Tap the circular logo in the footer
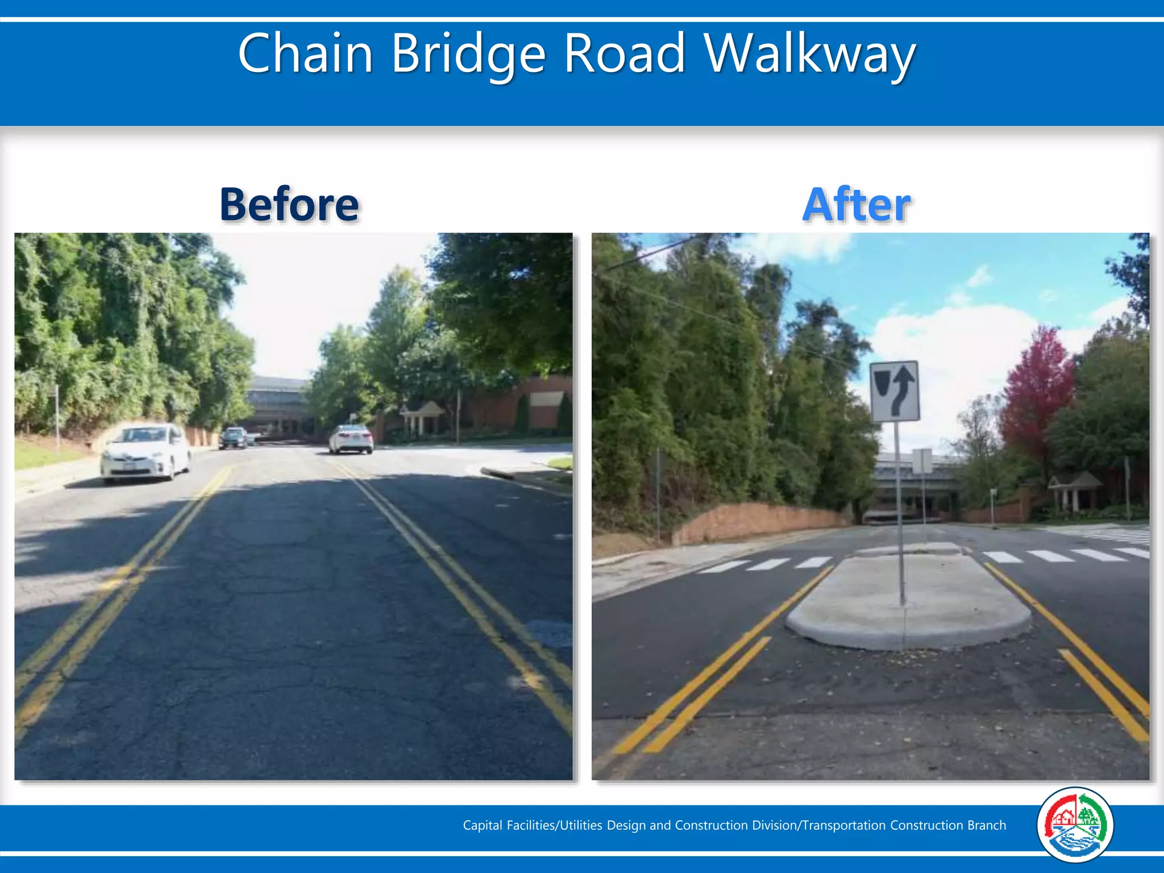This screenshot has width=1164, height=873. click(x=1075, y=825)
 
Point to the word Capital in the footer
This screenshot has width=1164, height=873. click(x=482, y=825)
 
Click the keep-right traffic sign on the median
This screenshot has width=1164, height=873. click(x=895, y=391)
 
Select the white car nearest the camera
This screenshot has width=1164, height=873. click(x=145, y=452)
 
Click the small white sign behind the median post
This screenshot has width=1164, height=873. click(x=922, y=461)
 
